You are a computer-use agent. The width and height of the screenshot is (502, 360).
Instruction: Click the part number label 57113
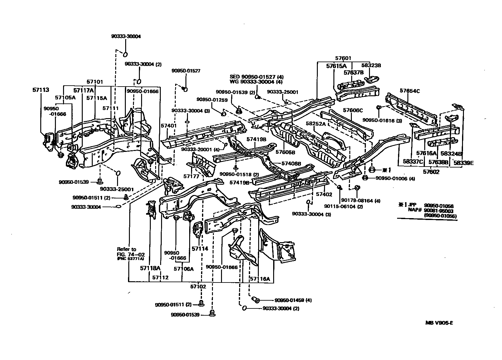[41, 90]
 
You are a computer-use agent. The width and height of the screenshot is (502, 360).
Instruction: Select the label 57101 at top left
[95, 82]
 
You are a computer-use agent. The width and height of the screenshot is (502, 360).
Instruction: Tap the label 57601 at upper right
[343, 58]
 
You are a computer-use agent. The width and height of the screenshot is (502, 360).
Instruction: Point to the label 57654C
[410, 91]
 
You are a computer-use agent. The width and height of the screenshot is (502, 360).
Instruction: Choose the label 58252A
[316, 123]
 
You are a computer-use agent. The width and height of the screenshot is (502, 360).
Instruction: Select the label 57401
[169, 126]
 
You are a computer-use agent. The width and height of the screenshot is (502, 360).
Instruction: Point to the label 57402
[324, 194]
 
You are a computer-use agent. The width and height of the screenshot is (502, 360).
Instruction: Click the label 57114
[200, 249]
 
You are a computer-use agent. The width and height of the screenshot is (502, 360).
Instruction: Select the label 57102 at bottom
[198, 286]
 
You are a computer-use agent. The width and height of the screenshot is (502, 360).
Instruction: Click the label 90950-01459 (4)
[293, 300]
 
